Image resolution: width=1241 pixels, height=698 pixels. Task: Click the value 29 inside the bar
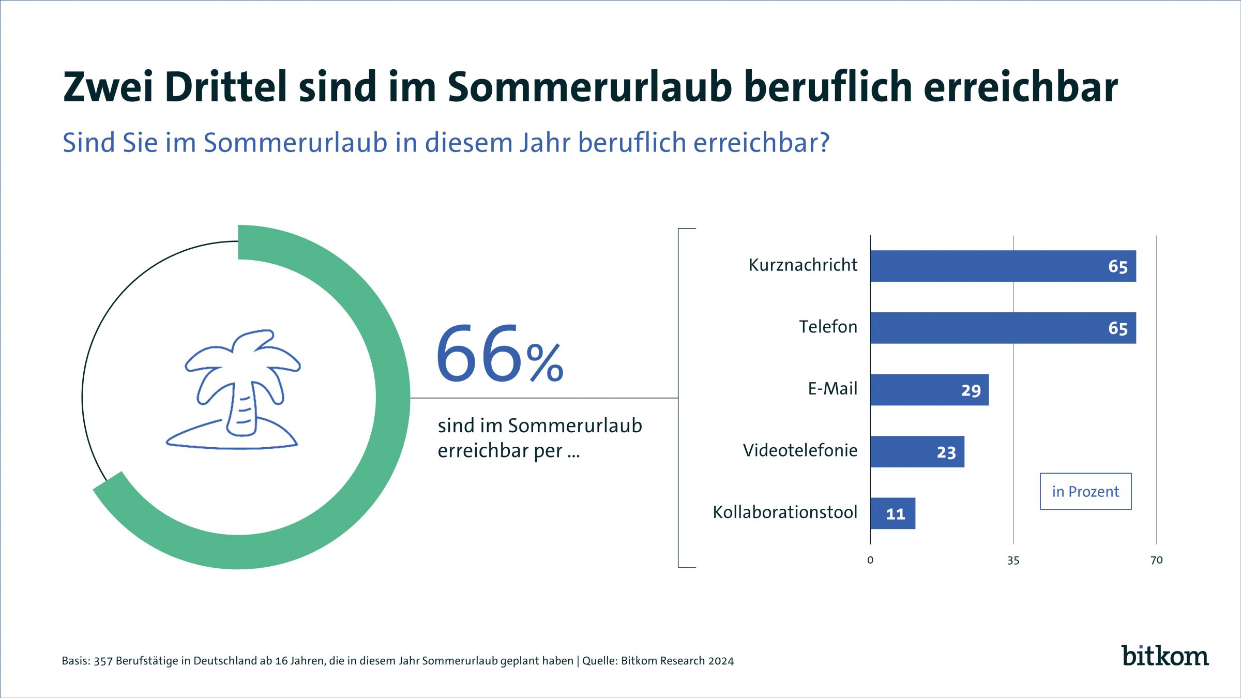[x=971, y=390]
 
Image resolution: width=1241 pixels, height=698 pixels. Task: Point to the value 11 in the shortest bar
[x=896, y=514]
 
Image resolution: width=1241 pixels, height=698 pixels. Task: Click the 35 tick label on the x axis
[x=1013, y=560]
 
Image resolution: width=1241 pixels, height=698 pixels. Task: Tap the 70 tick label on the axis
[x=1156, y=560]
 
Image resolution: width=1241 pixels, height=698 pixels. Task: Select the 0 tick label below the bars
[x=870, y=560]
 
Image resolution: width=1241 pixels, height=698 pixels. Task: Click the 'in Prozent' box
[x=1085, y=491]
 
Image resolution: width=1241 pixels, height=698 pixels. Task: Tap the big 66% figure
[x=499, y=354]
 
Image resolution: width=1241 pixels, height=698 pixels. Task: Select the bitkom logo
[x=1164, y=656]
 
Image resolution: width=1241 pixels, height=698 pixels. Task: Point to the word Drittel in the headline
[x=226, y=87]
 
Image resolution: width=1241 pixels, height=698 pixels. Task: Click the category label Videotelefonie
[x=800, y=450]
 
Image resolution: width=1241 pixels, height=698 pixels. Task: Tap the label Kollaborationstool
[x=785, y=512]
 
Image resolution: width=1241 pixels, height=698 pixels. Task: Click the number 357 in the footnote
[x=103, y=661]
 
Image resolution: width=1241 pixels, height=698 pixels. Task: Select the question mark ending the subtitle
[x=824, y=143]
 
